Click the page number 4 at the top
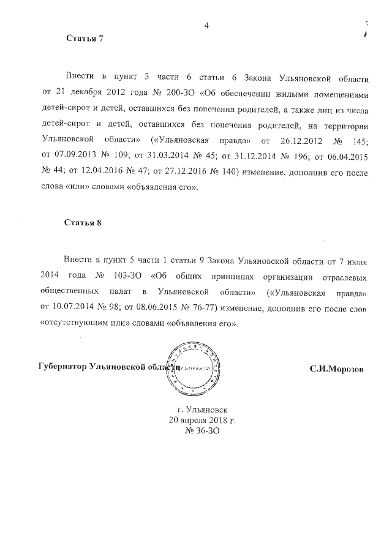pyautogui.click(x=206, y=25)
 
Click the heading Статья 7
pyautogui.click(x=85, y=39)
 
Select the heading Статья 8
pyautogui.click(x=83, y=222)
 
